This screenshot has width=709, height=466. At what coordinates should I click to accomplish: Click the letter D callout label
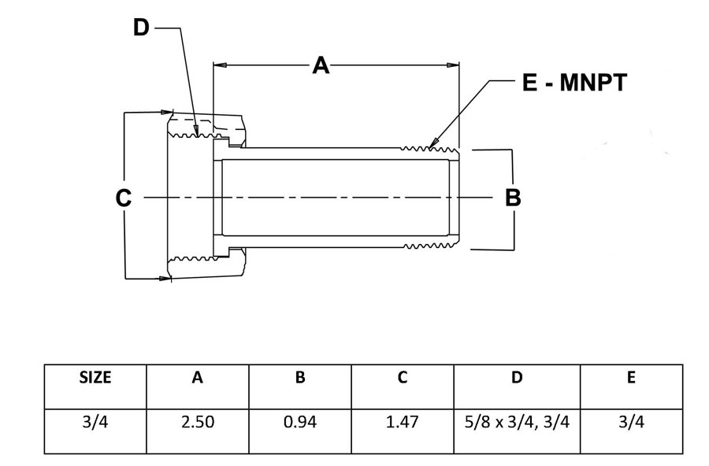pos(141,28)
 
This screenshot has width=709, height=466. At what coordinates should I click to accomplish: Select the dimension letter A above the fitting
pos(321,65)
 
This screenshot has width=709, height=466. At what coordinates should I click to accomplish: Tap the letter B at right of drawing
pos(513,198)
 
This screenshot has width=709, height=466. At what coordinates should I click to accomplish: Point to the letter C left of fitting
pos(124,198)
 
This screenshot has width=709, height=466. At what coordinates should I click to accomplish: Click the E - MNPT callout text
pos(575,83)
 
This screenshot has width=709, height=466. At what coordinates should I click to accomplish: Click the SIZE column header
pos(95,377)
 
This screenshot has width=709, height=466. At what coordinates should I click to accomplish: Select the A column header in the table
pos(197,377)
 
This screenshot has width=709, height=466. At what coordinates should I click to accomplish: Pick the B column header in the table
pos(300,377)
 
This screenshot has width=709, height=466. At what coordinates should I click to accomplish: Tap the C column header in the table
pos(403,377)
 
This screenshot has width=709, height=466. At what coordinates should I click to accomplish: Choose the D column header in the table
pos(517,377)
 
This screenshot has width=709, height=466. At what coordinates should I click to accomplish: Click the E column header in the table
pos(631,377)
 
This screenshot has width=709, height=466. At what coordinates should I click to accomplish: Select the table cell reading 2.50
pos(198,422)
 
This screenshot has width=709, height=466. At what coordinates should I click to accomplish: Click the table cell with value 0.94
pos(300,422)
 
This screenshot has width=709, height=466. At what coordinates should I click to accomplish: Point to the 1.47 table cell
pos(403,422)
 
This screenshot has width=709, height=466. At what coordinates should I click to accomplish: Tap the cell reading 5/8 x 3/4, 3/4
pos(517,422)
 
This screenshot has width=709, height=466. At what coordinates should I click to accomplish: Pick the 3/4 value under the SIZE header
pos(95,422)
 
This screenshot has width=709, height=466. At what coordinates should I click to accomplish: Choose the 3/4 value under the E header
pos(631,422)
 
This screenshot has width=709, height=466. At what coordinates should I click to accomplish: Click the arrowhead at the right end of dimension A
pos(453,65)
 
